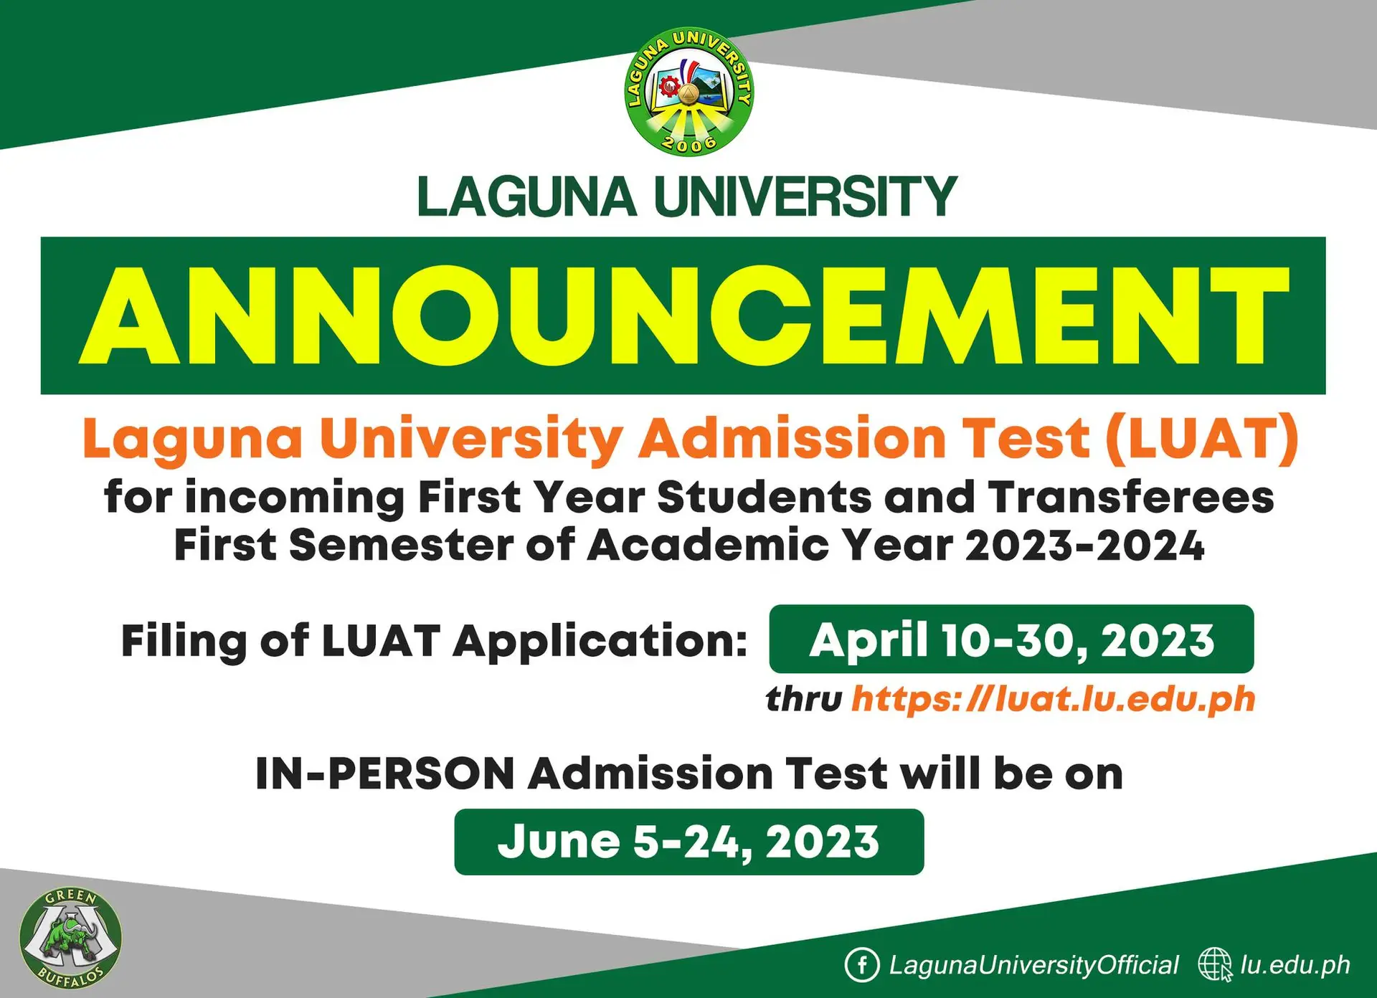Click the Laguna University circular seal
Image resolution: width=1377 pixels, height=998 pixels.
tap(688, 91)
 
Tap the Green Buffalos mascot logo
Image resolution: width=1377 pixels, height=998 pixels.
tap(70, 938)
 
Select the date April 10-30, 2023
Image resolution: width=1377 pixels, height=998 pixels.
tap(1011, 640)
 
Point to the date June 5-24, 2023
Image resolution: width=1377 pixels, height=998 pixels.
tap(688, 842)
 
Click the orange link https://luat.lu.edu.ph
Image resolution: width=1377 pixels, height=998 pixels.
tap(1054, 699)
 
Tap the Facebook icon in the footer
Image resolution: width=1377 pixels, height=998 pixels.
tap(861, 965)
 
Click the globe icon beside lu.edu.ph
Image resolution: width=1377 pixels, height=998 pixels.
tap(1215, 965)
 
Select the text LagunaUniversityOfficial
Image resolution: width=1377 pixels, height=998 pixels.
tap(1033, 966)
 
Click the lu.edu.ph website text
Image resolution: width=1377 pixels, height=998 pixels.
tap(1295, 966)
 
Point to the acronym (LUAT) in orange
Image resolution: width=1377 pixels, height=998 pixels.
tap(1202, 438)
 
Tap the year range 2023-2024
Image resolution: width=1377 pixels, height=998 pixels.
tap(1084, 546)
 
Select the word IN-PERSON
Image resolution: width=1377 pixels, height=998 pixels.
tap(385, 774)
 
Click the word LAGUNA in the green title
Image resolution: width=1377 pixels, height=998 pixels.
tap(527, 196)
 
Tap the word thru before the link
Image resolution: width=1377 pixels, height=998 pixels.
tap(803, 699)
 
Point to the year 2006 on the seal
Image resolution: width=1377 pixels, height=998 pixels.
tap(688, 144)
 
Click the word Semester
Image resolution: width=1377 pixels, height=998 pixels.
tap(402, 546)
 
